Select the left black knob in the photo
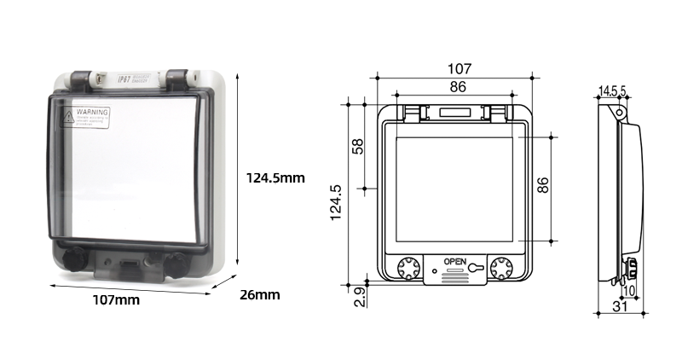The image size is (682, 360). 73,257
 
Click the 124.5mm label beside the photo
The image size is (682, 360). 275,178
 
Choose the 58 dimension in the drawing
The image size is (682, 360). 358,147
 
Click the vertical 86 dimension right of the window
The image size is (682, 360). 542,186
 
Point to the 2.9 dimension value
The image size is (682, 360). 359,297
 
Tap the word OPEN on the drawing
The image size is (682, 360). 454,262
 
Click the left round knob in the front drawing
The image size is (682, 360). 408,268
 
